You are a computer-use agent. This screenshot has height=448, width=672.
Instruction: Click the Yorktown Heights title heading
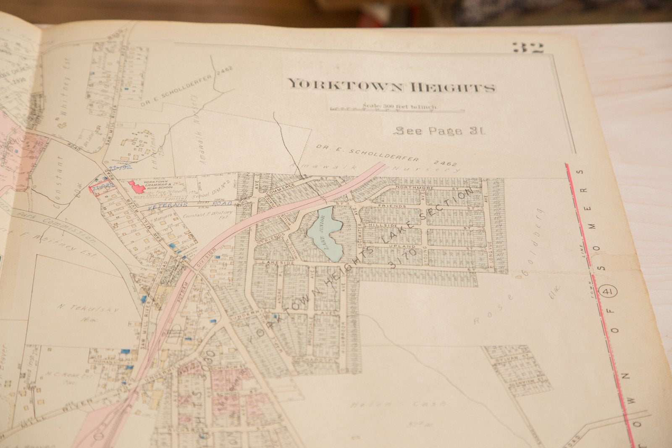[391, 85]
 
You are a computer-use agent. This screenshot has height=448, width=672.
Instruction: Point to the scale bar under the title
[397, 110]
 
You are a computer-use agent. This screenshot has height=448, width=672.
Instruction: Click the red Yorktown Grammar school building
[136, 187]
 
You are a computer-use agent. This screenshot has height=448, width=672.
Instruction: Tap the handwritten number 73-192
[120, 167]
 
